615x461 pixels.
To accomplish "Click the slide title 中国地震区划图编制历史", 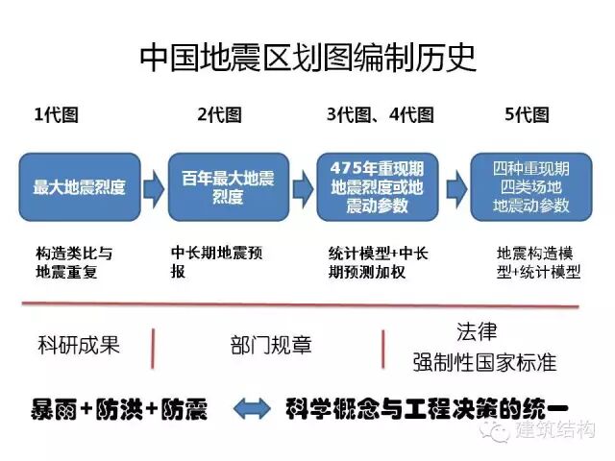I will (307, 58).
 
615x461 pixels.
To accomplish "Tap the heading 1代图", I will (56, 116).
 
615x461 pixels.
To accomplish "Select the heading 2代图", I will (219, 116).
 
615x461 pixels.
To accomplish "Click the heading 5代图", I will (527, 116).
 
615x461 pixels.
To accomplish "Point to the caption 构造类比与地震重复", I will (73, 262).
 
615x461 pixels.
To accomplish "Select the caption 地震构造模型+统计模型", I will (538, 262).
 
